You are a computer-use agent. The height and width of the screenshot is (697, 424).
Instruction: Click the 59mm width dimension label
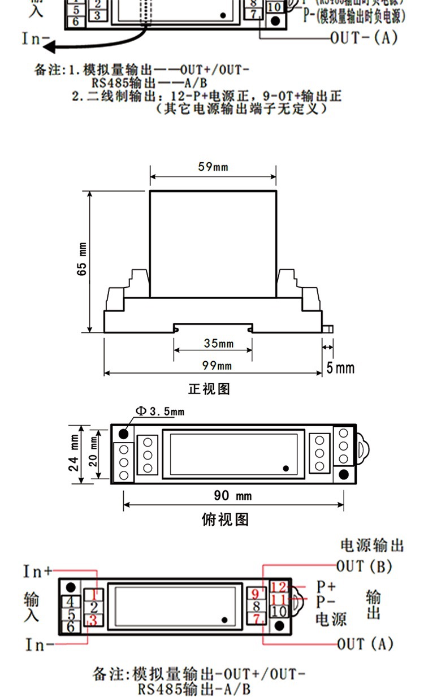[213, 167]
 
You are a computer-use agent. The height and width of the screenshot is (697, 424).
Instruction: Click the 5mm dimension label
[341, 369]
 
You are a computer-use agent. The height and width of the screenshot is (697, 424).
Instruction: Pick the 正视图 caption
[209, 389]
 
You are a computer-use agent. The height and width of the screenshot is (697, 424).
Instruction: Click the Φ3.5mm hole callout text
[159, 411]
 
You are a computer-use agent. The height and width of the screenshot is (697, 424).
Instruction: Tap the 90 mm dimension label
[232, 496]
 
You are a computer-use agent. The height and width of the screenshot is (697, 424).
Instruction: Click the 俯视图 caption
[224, 519]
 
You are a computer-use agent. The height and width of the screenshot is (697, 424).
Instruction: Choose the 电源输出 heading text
[372, 546]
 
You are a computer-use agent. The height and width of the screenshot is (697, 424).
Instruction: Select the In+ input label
[37, 572]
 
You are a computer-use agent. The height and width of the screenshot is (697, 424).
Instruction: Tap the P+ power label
[326, 586]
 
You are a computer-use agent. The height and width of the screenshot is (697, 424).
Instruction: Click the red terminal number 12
[278, 587]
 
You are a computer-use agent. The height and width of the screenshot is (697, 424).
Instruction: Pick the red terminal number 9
[255, 594]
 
